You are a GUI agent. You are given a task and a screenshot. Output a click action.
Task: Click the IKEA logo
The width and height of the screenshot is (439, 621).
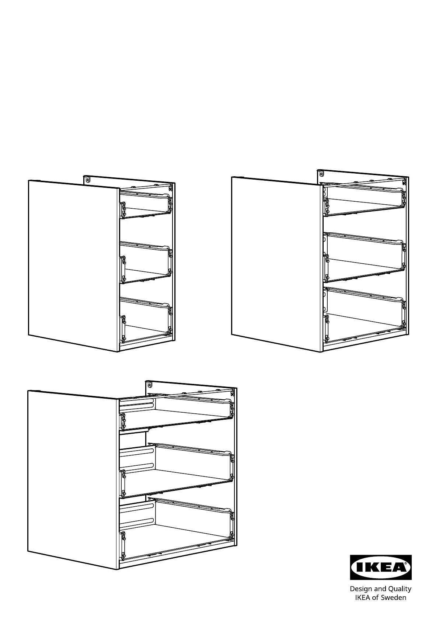[380, 567]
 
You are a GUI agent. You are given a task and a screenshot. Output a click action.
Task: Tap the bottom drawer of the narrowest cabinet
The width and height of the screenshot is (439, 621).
[146, 320]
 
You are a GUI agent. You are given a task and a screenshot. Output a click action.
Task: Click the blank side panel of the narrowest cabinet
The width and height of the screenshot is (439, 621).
[73, 266]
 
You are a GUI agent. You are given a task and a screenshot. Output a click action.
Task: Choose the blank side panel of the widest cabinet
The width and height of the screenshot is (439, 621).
[73, 480]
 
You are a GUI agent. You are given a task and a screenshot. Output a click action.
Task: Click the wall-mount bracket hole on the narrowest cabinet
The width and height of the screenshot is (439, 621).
[88, 180]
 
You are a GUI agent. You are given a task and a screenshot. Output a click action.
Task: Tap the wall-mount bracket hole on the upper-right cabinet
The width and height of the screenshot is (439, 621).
[321, 174]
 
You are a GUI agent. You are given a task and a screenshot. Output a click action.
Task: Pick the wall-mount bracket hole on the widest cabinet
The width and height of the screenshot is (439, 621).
[150, 385]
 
